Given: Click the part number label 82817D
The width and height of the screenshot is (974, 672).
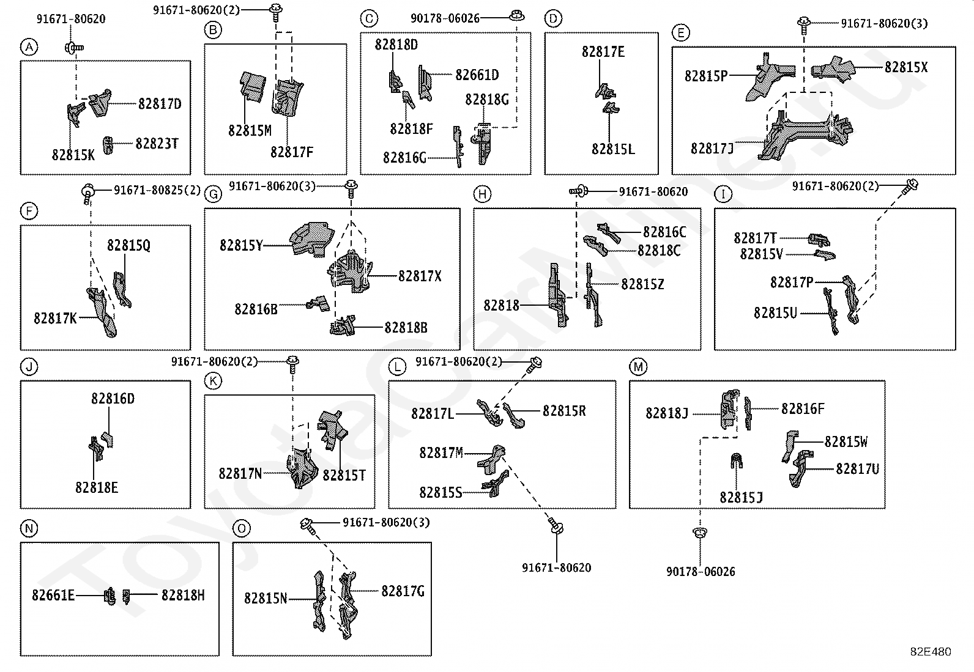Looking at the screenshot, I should coord(160,104).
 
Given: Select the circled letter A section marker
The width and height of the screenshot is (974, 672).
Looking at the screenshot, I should coord(28,46).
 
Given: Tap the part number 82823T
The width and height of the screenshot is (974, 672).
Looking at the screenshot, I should coord(157,144).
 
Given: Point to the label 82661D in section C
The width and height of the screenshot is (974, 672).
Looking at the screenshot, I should coord(477,75).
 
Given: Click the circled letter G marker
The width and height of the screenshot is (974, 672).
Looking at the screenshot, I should coord(212,194).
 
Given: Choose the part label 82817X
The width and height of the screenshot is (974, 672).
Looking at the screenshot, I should coord(419,276).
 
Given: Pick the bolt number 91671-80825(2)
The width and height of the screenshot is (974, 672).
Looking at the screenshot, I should coord(157,190).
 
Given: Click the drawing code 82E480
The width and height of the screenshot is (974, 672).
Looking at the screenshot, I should coord(931,652).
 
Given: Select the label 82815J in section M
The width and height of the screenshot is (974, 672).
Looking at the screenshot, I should coord(741,498).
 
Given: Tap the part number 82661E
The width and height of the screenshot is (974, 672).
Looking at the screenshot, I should coord(53,595).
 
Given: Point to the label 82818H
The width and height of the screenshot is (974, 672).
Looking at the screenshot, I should coord(183,595).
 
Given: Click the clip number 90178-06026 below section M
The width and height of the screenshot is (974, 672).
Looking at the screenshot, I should coord(701,572).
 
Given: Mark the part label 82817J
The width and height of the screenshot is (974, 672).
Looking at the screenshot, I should coord(712,149).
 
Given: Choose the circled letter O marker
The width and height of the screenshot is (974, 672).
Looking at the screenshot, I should coord(242,528).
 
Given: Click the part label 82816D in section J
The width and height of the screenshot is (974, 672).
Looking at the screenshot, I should coord(113,399).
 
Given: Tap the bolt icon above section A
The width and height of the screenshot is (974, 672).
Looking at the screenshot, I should coord(73,46).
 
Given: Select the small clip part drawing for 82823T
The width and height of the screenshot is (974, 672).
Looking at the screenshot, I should coord(108,146).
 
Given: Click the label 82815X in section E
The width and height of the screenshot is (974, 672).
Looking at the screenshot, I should coord(905,67).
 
